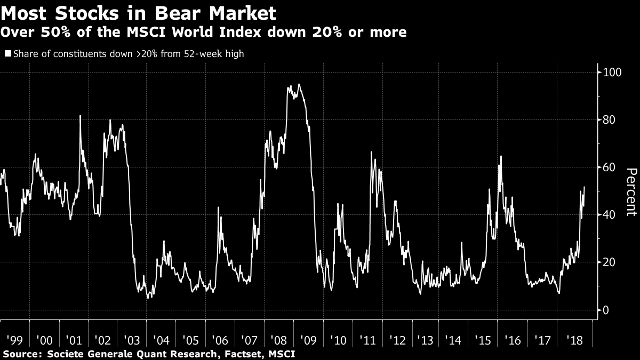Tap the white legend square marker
click(7, 53)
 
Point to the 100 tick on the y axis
click(609, 72)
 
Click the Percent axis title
click(631, 191)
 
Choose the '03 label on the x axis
click(131, 340)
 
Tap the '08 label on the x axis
click(278, 340)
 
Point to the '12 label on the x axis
click(396, 340)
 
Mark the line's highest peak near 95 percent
click(299, 84)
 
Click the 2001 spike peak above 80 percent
click(80, 116)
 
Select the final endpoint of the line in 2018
click(585, 187)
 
